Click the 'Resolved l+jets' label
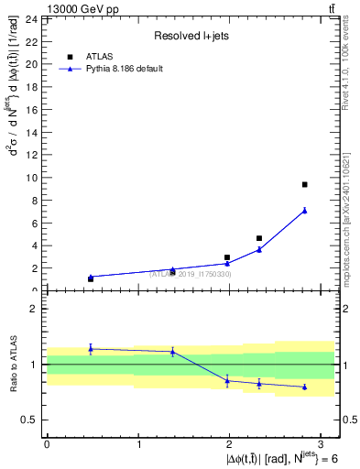(190, 36)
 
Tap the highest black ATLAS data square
(304, 185)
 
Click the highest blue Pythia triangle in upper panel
(304, 211)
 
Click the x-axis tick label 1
(138, 444)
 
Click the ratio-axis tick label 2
(34, 309)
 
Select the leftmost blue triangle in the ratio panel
(91, 348)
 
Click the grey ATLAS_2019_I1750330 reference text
(191, 274)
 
